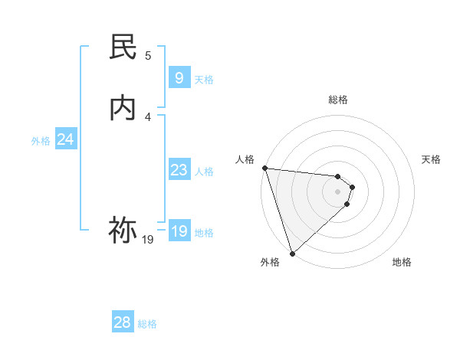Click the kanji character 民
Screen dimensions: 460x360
click(x=123, y=47)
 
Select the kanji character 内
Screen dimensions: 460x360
click(x=123, y=109)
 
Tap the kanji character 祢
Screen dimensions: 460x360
click(x=123, y=229)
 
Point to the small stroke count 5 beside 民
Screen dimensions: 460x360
click(x=148, y=55)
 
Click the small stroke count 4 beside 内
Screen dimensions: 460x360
click(x=148, y=116)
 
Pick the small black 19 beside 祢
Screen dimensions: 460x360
click(x=148, y=240)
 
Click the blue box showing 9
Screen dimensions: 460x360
click(x=179, y=78)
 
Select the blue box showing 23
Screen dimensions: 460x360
click(x=179, y=171)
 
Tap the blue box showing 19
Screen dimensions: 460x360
click(x=179, y=232)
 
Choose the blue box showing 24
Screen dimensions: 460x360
click(x=66, y=140)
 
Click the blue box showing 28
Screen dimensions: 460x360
click(x=122, y=323)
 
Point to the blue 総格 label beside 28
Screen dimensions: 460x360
click(x=147, y=324)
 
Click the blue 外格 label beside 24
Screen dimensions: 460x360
click(x=41, y=141)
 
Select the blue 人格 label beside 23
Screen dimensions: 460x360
click(x=204, y=172)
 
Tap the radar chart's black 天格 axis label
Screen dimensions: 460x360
click(x=432, y=159)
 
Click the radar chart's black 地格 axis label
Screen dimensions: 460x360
click(x=402, y=262)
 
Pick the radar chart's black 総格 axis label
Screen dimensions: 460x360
click(x=338, y=100)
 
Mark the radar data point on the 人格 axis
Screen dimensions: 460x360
click(x=264, y=168)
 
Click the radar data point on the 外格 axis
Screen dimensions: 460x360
click(x=292, y=254)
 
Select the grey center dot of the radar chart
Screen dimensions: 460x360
click(x=338, y=191)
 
